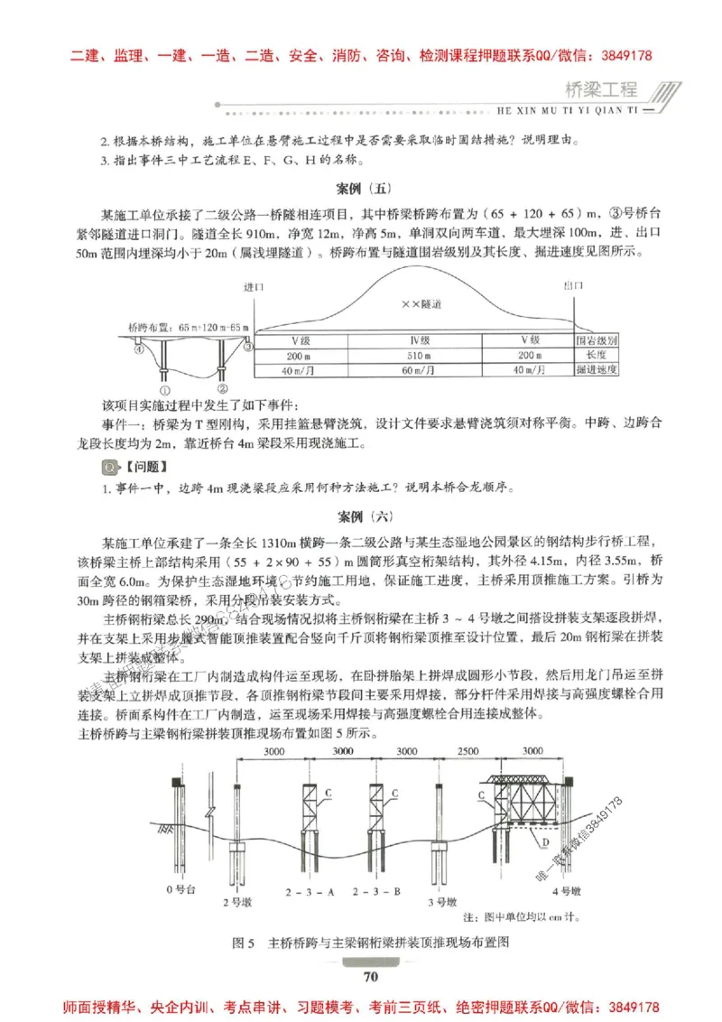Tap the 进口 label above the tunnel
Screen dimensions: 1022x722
(x=254, y=286)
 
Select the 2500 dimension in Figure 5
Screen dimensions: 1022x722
(x=469, y=751)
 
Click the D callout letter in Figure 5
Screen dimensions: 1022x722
(x=546, y=841)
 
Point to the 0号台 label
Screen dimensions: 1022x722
(x=180, y=891)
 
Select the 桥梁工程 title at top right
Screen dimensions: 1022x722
(x=600, y=91)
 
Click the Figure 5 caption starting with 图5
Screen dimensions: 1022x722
(x=371, y=943)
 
